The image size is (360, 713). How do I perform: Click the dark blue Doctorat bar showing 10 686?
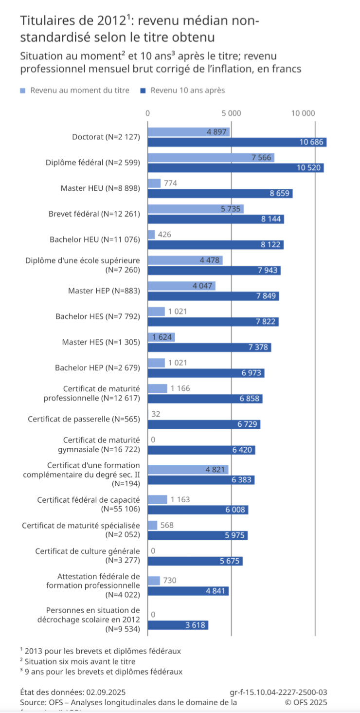click(x=237, y=142)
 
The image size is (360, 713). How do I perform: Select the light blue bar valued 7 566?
click(x=211, y=158)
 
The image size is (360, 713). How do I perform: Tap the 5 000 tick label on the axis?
click(x=231, y=113)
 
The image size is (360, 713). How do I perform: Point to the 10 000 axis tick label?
click(x=303, y=113)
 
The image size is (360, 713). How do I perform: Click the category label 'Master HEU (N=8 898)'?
click(x=100, y=188)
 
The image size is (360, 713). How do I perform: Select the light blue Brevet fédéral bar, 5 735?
click(x=196, y=209)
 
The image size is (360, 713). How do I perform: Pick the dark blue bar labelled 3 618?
click(x=178, y=625)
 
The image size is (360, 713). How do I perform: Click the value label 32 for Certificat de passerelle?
click(x=156, y=414)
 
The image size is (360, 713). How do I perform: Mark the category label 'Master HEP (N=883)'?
click(x=104, y=291)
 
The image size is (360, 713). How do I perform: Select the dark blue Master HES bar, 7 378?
click(x=209, y=347)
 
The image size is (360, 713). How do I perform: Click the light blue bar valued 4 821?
click(x=188, y=470)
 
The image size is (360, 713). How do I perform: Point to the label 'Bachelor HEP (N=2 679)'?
click(x=97, y=368)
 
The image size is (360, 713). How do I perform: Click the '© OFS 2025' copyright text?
click(x=306, y=702)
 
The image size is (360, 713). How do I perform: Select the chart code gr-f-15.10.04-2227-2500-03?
click(x=278, y=692)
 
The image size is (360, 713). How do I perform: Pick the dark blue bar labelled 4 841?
click(x=188, y=591)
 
